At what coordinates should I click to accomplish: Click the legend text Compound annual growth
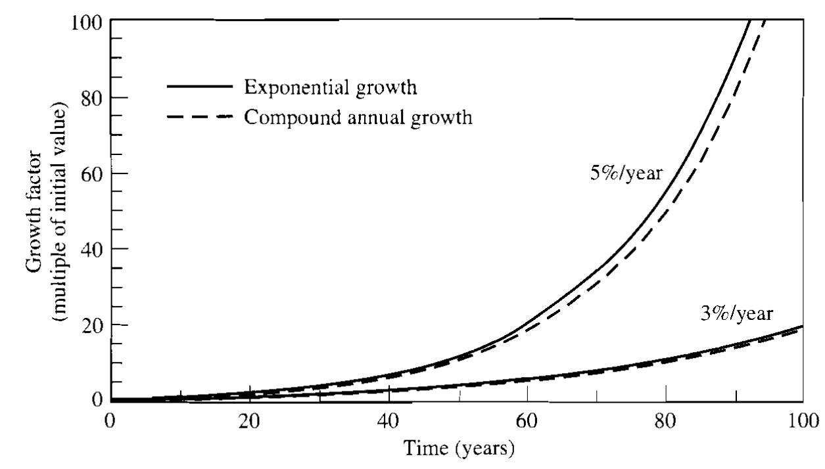pos(358,118)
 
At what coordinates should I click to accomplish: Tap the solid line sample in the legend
pos(199,86)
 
